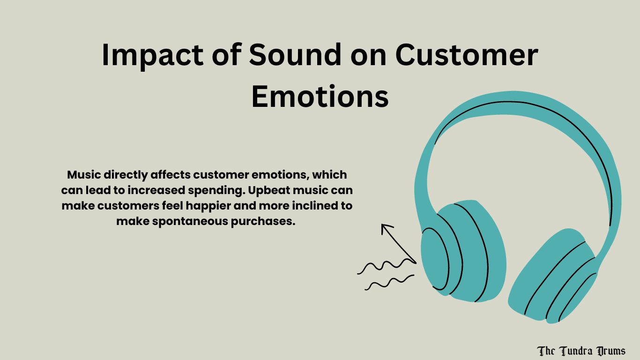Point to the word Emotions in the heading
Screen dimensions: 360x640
click(320, 97)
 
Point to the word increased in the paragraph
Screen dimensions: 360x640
click(169, 190)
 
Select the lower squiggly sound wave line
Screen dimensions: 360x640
click(389, 283)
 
